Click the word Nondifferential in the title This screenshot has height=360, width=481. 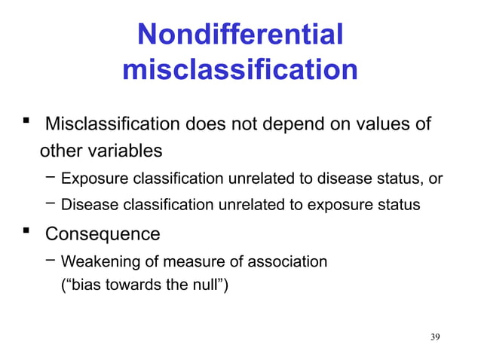(x=240, y=34)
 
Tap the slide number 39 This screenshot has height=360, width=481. (x=435, y=336)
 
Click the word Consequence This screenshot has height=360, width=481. (x=103, y=234)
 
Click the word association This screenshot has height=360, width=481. (x=290, y=262)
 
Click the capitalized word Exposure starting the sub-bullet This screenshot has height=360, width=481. (x=87, y=179)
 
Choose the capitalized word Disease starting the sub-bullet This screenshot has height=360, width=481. (x=84, y=205)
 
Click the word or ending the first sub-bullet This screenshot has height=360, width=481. (x=435, y=179)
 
